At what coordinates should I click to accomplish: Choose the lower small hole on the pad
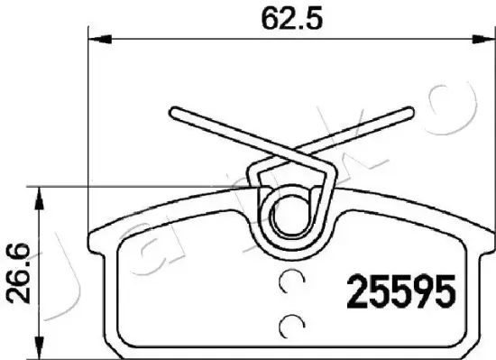[291, 326]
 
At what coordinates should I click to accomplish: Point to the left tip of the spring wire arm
[173, 111]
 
